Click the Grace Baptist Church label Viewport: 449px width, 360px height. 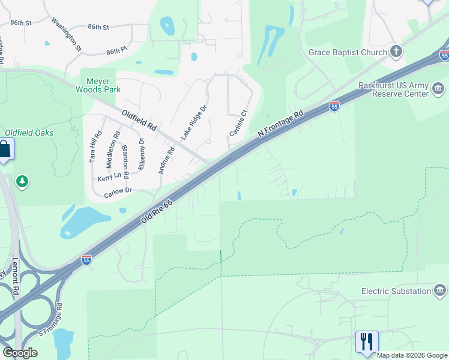pos(348,52)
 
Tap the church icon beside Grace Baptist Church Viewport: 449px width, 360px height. pos(396,52)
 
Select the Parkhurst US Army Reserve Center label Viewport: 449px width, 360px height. pos(393,89)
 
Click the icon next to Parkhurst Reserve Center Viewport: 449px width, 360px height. pos(438,89)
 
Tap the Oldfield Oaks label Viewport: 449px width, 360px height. pos(29,133)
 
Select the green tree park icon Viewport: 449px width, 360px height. pos(22,181)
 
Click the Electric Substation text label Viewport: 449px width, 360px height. pos(396,292)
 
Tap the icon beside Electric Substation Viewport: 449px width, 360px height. pos(440,292)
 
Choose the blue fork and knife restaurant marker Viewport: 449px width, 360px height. pos(366,341)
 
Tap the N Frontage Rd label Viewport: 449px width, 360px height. pos(281,123)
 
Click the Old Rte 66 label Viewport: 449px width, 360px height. pos(157,212)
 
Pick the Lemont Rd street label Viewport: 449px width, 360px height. pos(16,277)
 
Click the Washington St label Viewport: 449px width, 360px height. pos(66,34)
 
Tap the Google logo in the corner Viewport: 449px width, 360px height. pos(20,352)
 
